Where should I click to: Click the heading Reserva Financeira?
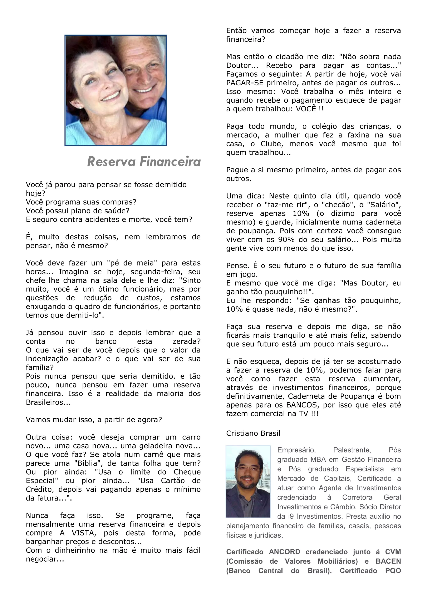click(144, 162)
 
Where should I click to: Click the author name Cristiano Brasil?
click(253, 433)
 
